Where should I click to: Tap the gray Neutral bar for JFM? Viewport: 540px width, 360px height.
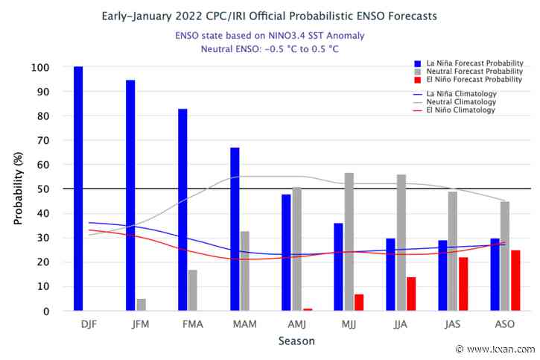tap(142, 305)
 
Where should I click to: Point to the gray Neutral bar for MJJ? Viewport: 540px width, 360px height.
tap(349, 241)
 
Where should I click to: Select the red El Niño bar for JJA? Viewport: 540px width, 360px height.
tap(411, 294)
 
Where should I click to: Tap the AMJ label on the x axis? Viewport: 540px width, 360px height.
tap(296, 326)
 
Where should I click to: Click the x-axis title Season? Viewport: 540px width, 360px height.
tap(296, 341)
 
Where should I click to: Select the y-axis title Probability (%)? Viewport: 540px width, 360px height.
tap(17, 189)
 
